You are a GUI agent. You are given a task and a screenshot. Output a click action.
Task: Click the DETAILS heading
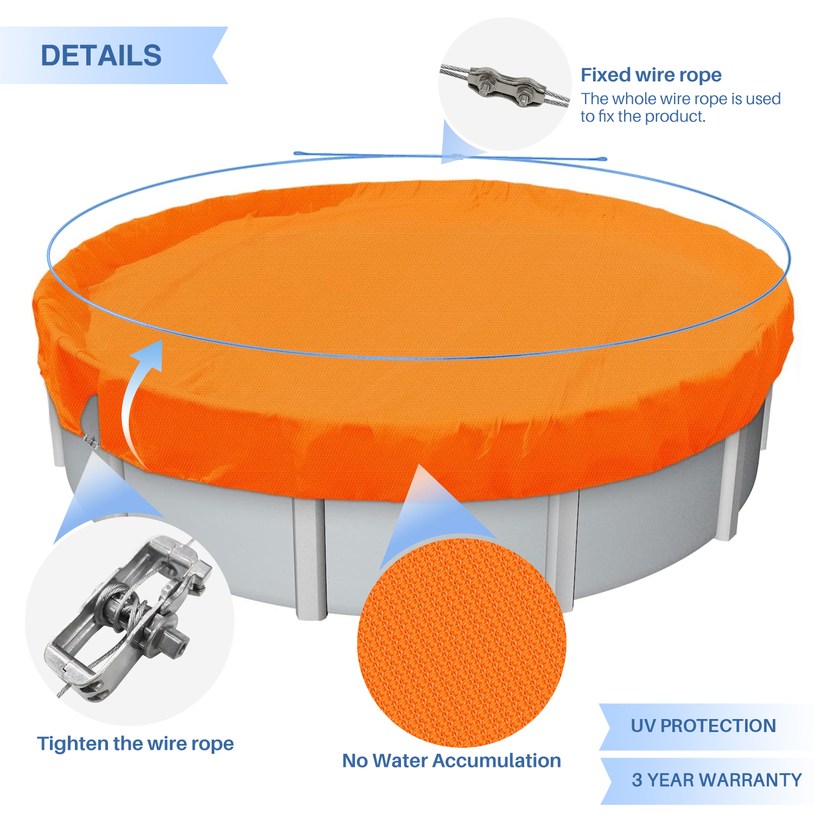click(x=101, y=55)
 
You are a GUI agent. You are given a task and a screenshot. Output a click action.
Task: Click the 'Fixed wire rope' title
click(x=651, y=75)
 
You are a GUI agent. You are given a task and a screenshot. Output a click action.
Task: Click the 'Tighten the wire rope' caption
click(x=135, y=743)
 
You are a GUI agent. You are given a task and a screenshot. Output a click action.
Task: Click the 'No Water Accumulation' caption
click(x=451, y=760)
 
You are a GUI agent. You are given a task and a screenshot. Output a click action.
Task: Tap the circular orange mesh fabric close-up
click(x=461, y=643)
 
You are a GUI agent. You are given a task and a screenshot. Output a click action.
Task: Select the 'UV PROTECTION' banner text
click(x=703, y=726)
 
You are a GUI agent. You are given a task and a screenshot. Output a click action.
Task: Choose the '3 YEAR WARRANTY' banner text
click(x=716, y=780)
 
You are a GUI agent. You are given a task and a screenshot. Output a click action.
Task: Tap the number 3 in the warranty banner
click(x=637, y=780)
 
